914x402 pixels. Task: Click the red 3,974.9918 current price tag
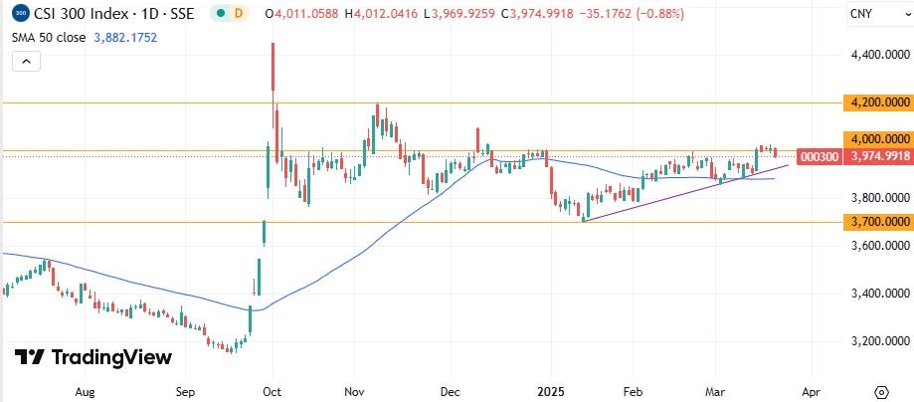pyautogui.click(x=879, y=156)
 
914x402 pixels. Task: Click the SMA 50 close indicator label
pyautogui.click(x=49, y=37)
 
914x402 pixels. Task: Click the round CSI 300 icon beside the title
pyautogui.click(x=20, y=15)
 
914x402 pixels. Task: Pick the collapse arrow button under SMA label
pyautogui.click(x=27, y=62)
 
